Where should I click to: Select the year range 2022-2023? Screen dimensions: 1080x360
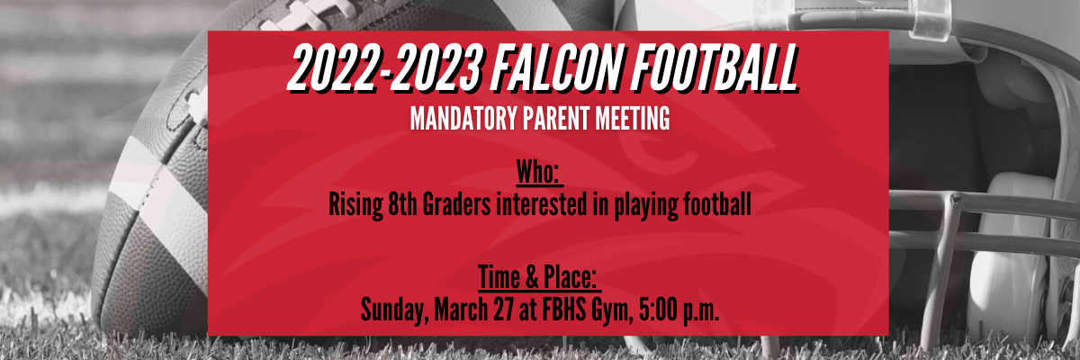pyautogui.click(x=386, y=68)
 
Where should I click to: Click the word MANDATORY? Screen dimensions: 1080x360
pyautogui.click(x=463, y=118)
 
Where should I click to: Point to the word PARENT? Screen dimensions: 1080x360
pyautogui.click(x=556, y=118)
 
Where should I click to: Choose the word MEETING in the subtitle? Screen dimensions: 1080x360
pyautogui.click(x=633, y=118)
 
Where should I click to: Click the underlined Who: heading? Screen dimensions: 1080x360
pyautogui.click(x=539, y=172)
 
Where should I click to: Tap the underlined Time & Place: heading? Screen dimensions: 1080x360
pyautogui.click(x=539, y=277)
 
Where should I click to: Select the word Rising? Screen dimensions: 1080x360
pyautogui.click(x=355, y=205)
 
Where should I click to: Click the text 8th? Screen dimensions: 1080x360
pyautogui.click(x=402, y=204)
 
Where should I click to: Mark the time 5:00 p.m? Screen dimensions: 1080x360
pyautogui.click(x=679, y=310)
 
